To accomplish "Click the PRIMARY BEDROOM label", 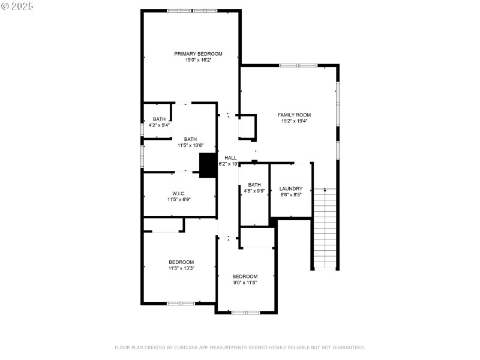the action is [x=198, y=54].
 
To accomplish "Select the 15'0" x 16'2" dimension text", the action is [x=198, y=60].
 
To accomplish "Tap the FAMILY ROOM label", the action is [x=294, y=115].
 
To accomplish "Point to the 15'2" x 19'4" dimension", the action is [x=294, y=121].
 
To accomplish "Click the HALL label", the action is [x=230, y=158].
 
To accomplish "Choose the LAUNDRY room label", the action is [x=291, y=188].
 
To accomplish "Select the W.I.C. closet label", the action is [x=178, y=193].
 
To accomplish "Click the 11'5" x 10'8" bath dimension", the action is [x=190, y=145].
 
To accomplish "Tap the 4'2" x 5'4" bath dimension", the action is [x=159, y=125].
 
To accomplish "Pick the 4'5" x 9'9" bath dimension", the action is [x=254, y=191].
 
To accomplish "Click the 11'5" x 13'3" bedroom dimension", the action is [x=181, y=268].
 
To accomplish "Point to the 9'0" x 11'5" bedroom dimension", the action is [x=245, y=283].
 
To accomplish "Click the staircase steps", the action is [x=325, y=229].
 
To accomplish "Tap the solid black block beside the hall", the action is [x=208, y=166].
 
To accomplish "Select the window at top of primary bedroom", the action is [x=192, y=11].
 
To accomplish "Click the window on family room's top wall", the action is [x=298, y=65].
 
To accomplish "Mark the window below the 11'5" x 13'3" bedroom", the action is [x=181, y=304].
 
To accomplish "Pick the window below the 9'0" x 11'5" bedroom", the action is [x=245, y=313].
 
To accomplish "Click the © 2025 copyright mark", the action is [x=17, y=6].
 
